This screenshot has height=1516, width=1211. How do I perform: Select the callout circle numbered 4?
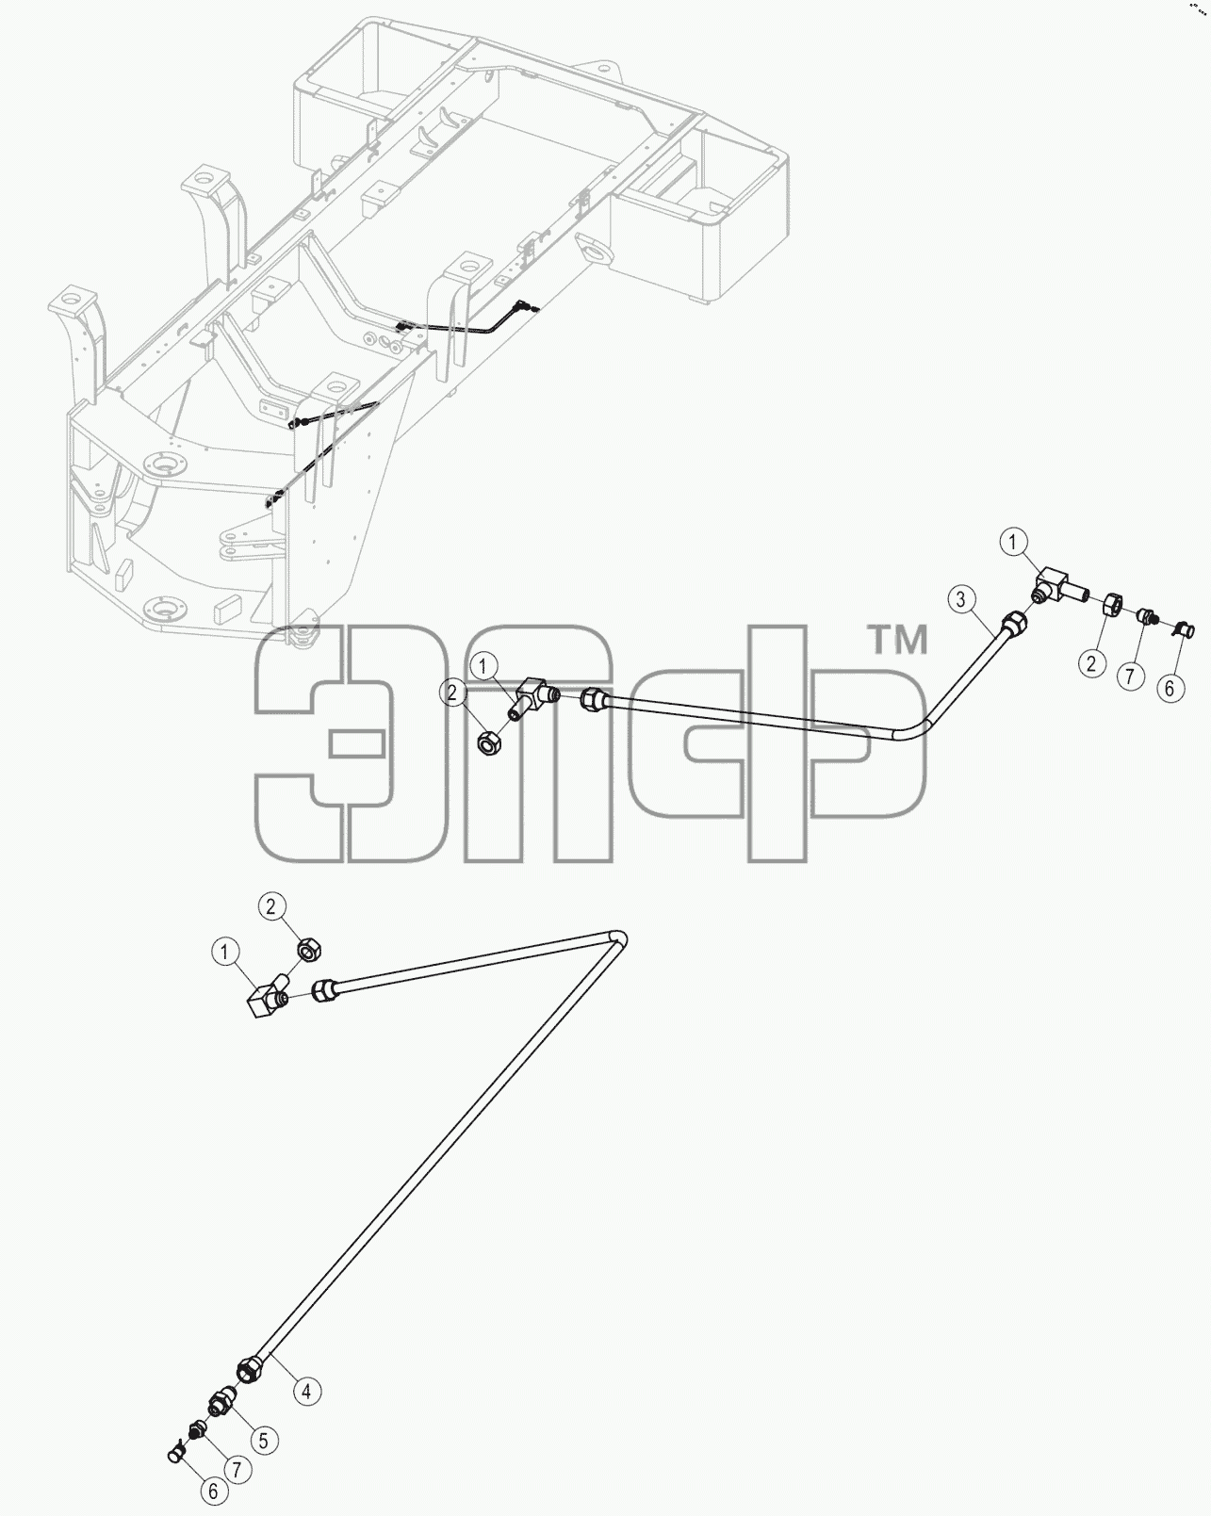point(306,1392)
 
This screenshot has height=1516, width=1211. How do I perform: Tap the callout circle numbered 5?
point(264,1441)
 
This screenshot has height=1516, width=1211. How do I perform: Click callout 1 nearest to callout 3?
point(1014,542)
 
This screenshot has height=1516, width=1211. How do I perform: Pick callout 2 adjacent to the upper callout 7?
point(1092,663)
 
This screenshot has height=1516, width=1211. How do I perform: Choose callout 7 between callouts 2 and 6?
point(1130,676)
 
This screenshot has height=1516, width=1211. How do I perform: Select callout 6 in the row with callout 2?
point(1170,687)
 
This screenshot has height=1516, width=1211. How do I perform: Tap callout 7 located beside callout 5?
point(237,1470)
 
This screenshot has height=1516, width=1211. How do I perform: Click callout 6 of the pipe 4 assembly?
point(214,1491)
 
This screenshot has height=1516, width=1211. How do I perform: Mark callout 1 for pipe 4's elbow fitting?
point(225,953)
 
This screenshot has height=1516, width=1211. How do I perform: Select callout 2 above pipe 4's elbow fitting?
point(271,906)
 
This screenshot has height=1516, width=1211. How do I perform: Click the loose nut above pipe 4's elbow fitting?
point(309,951)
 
